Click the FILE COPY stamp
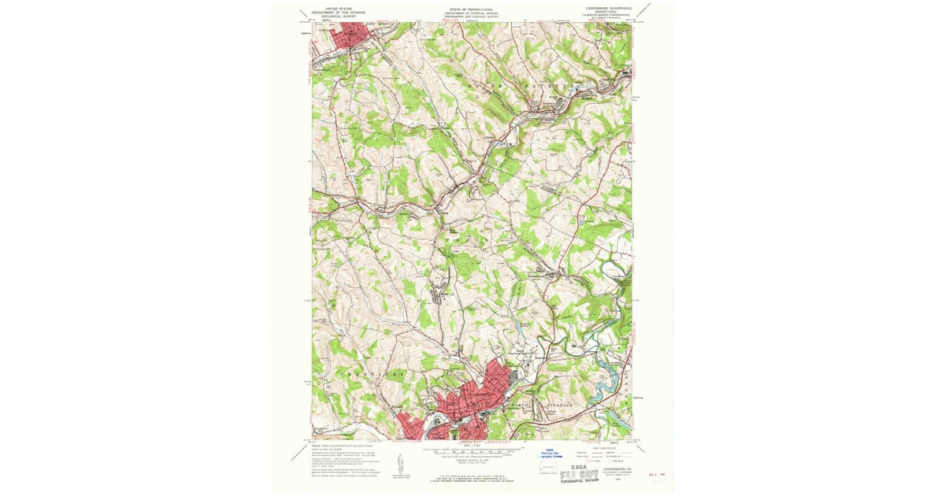[579, 474]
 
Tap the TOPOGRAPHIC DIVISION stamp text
[581, 483]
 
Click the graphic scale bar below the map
[472, 453]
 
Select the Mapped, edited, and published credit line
[343, 445]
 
